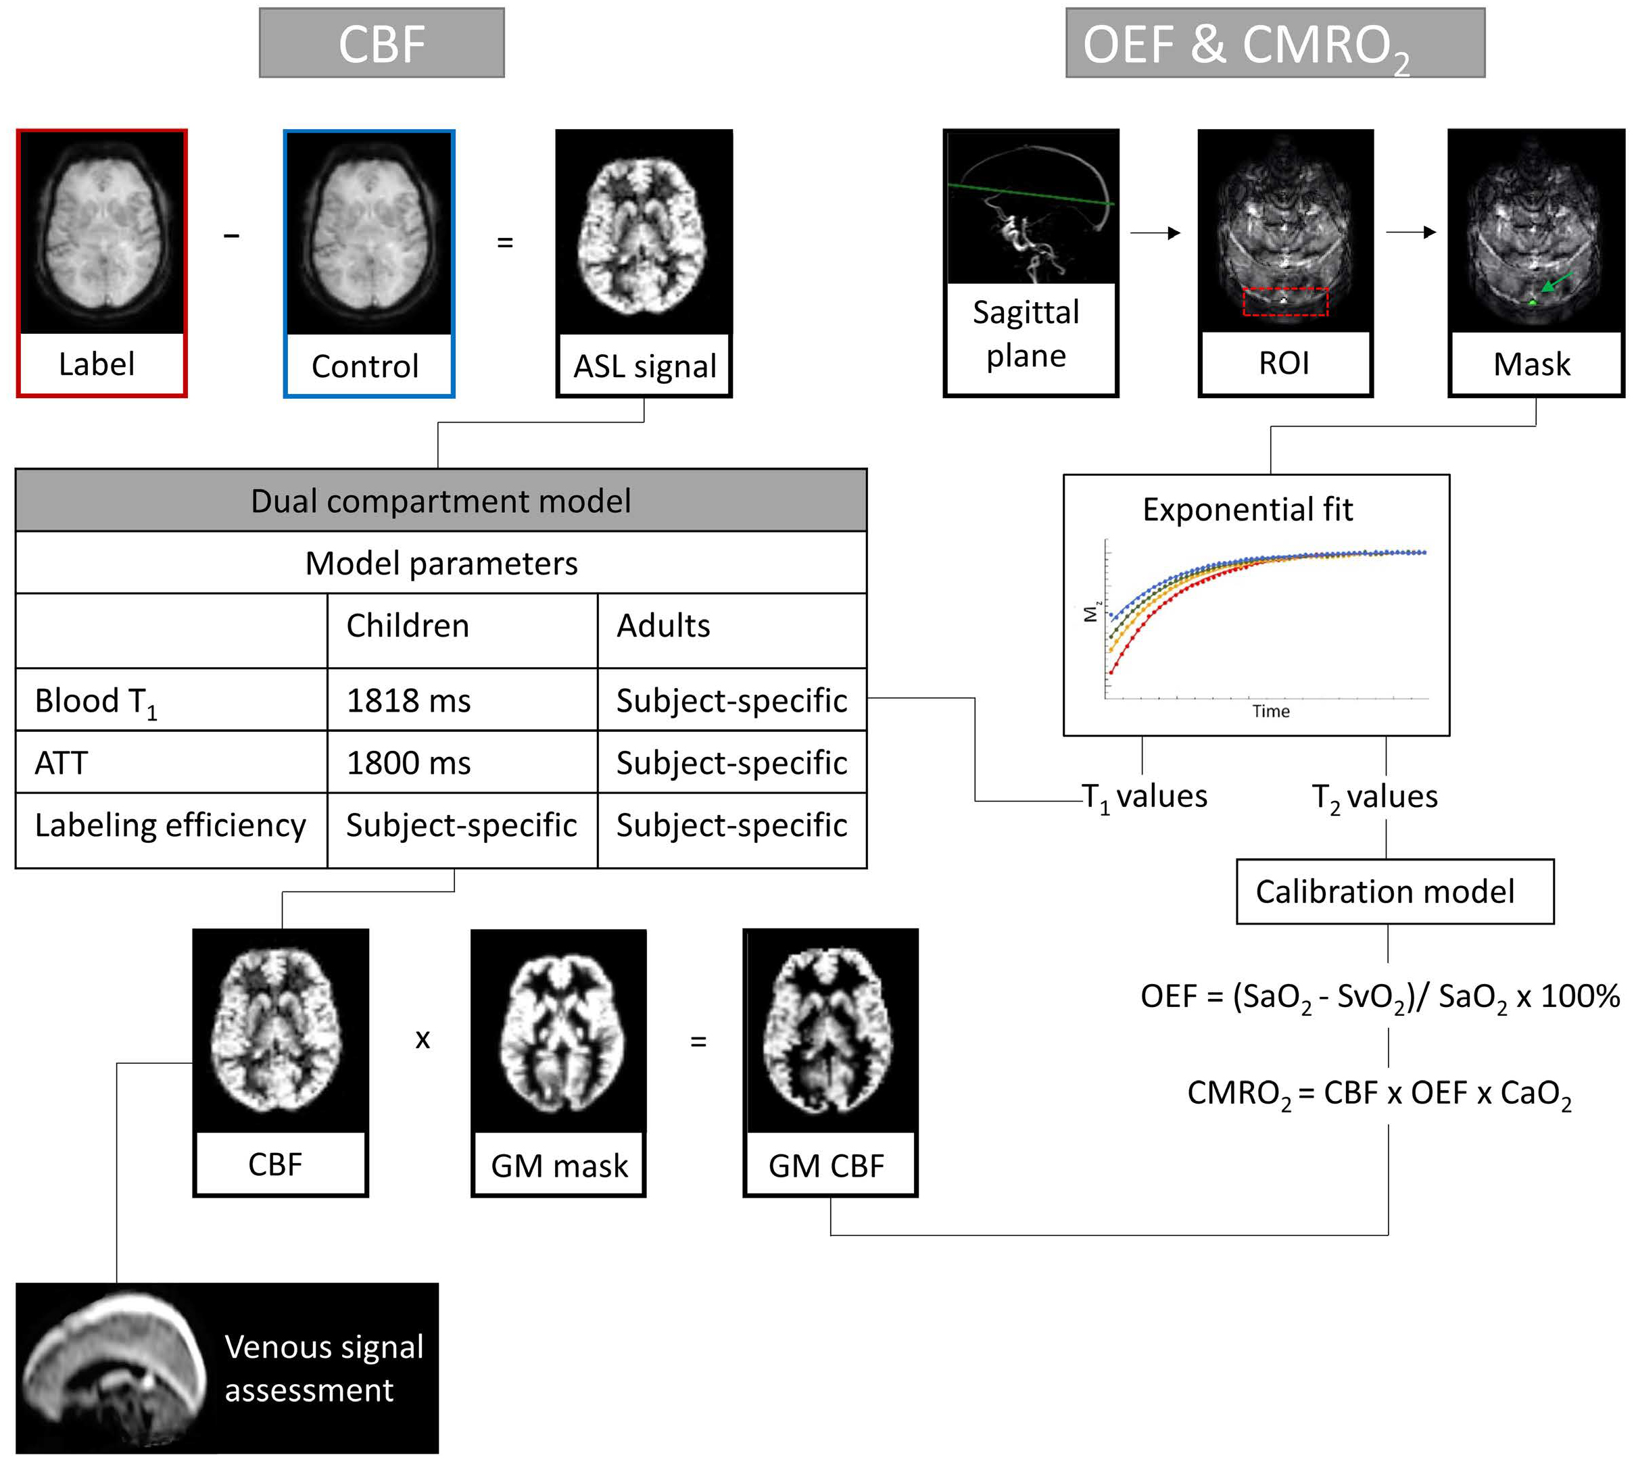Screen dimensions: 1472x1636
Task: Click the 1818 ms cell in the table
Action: [x=408, y=700]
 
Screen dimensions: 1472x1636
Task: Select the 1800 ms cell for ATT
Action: [x=408, y=762]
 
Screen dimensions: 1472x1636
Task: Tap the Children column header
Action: [x=408, y=626]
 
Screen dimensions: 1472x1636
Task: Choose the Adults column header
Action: [x=663, y=626]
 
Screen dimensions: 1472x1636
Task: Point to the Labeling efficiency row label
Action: [x=170, y=826]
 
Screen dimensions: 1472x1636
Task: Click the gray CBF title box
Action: [x=382, y=44]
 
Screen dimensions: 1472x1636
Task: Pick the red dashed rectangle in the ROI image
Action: [x=1285, y=301]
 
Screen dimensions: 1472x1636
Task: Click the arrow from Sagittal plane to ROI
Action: [x=1155, y=233]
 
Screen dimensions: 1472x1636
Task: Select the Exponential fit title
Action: [x=1248, y=510]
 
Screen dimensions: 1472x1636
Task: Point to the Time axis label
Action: [x=1270, y=712]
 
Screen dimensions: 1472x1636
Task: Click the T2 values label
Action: [x=1374, y=798]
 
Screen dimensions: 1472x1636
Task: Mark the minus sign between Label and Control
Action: [x=232, y=235]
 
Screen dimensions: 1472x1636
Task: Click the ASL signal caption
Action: [x=645, y=366]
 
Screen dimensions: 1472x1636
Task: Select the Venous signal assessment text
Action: [x=324, y=1369]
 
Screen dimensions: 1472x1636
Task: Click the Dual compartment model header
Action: [x=441, y=501]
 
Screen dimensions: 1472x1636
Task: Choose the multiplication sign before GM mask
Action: [x=423, y=1039]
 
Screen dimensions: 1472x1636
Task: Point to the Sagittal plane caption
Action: [x=1026, y=334]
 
